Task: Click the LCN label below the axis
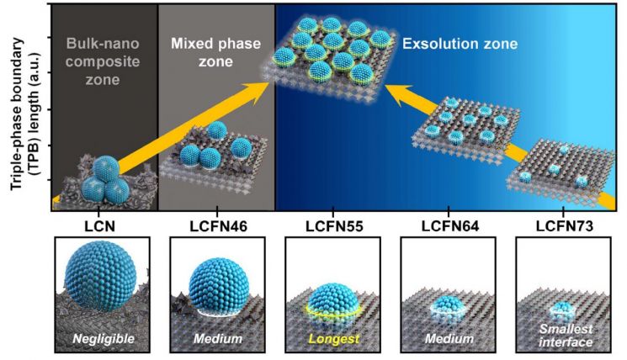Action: click(99, 226)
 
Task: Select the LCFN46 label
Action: click(218, 226)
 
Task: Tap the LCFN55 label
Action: click(334, 226)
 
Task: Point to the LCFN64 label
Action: click(450, 226)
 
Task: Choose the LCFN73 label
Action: click(565, 226)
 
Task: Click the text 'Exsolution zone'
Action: click(460, 44)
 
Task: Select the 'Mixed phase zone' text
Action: click(216, 52)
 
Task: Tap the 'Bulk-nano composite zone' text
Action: click(103, 61)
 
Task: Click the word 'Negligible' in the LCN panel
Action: click(104, 339)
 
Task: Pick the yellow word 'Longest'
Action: click(334, 339)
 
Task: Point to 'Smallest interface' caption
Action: click(566, 336)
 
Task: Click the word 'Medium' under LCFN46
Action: click(218, 339)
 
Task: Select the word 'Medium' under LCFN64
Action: click(449, 339)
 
